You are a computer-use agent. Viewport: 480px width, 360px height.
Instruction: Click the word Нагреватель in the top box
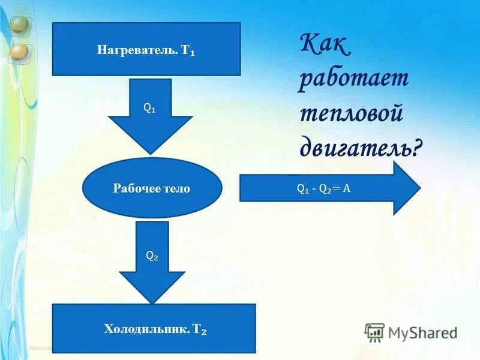pos(136,50)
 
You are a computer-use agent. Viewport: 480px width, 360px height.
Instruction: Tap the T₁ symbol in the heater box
pos(188,50)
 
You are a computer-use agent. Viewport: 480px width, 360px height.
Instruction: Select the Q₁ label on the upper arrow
pos(149,108)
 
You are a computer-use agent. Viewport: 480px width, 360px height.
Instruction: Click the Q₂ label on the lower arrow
pos(152,255)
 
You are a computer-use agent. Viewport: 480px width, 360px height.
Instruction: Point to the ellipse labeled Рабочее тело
pos(151,188)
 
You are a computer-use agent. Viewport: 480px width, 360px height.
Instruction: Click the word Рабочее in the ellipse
pos(133,188)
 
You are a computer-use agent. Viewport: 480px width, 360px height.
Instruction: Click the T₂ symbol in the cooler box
pos(200,329)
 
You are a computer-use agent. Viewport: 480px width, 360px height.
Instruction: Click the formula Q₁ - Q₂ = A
pos(323,188)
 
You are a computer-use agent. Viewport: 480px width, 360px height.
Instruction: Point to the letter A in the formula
pos(346,188)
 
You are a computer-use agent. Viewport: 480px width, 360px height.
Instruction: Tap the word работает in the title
pos(353,80)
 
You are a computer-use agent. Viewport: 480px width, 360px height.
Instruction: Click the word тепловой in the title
pos(350,113)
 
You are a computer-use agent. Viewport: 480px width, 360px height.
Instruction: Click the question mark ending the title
pos(416,147)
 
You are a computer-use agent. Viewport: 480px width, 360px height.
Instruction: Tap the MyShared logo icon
pos(375,332)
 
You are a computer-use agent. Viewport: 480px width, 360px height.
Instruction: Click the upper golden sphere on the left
pos(19,26)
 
